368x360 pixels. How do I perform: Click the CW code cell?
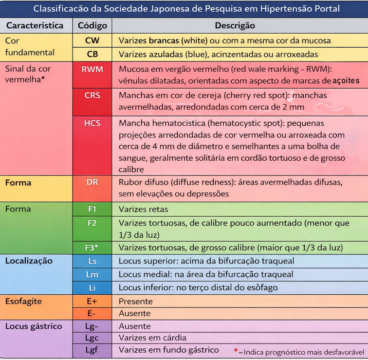92,40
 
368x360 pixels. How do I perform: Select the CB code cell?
92,54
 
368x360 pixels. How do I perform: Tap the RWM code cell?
92,69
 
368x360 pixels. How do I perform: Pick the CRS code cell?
92,95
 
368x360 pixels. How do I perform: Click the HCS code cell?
92,123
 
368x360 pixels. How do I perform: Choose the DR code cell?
92,182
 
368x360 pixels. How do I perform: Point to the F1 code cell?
92,209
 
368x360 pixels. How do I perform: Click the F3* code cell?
92,247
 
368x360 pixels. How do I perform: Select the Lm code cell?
92,274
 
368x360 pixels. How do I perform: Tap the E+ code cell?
92,302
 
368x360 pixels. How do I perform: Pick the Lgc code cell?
92,338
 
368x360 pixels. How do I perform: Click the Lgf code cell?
92,350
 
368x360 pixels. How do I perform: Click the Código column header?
92,25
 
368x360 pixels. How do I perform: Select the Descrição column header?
235,25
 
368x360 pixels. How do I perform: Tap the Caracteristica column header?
35,25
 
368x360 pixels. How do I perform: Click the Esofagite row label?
24,301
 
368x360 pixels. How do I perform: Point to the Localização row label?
29,261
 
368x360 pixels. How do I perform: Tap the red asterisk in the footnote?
236,350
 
